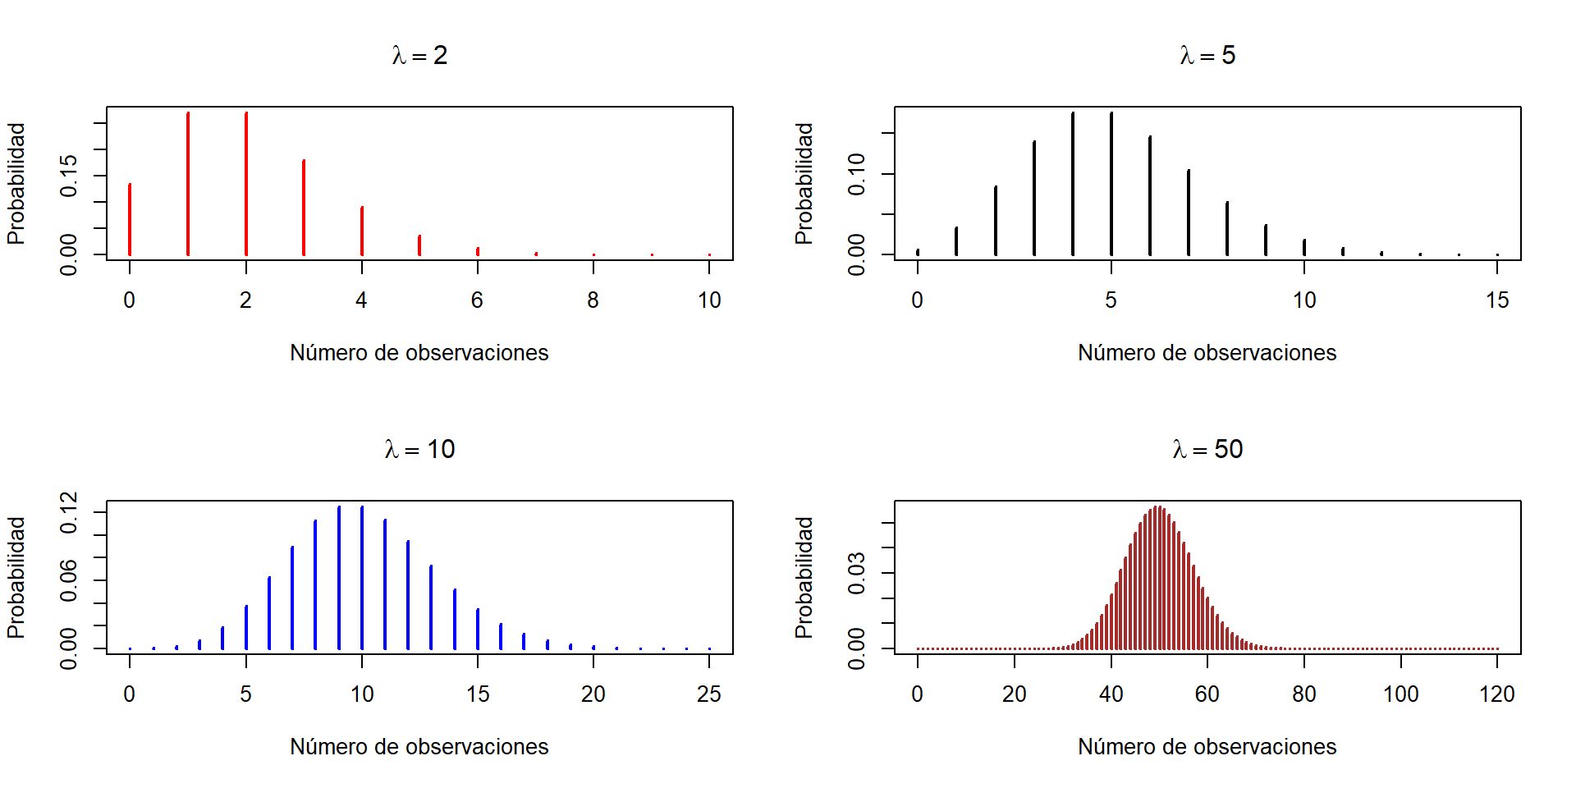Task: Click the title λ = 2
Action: tap(419, 56)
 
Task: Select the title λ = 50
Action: tap(1207, 450)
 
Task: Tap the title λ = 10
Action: tap(419, 450)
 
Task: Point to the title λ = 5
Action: tap(1207, 56)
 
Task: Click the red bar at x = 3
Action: tap(304, 208)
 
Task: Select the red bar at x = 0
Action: tap(130, 219)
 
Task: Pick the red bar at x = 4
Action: tap(362, 231)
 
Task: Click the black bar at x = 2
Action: tap(996, 220)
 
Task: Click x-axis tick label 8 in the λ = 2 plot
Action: tap(593, 300)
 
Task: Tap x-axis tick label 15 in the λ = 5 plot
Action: tap(1497, 300)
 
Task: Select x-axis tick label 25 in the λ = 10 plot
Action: tap(709, 694)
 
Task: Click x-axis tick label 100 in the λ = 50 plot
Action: tap(1400, 694)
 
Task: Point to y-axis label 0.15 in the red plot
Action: tap(69, 176)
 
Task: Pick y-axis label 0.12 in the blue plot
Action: tap(69, 512)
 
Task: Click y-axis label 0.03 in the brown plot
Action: tap(857, 573)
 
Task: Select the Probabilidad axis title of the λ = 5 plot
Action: tap(804, 184)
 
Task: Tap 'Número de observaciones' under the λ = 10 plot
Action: tap(419, 747)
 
